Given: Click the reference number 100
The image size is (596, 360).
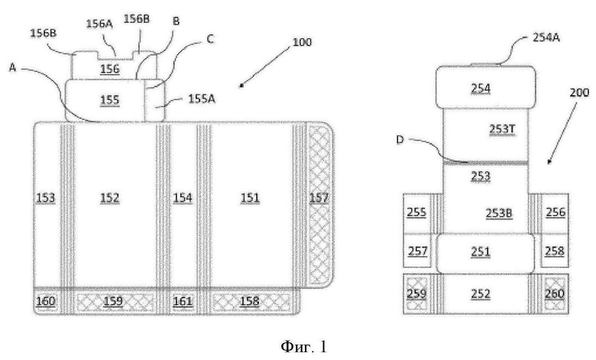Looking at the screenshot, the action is (x=302, y=42).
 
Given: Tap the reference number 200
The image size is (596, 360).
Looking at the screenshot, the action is (x=579, y=92).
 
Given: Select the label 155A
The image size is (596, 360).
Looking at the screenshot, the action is (x=202, y=99).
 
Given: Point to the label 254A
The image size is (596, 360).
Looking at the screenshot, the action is (x=546, y=37).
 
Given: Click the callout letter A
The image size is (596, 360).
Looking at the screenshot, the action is (x=13, y=68).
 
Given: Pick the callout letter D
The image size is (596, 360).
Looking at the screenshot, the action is (x=400, y=140).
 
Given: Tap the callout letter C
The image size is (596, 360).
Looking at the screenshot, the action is (x=210, y=39).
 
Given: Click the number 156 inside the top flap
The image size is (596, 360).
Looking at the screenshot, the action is (x=110, y=69).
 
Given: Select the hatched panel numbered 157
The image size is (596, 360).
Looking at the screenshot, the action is (x=319, y=205).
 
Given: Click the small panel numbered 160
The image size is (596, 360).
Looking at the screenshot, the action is (x=46, y=301).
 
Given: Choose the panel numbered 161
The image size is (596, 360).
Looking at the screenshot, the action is (x=183, y=301).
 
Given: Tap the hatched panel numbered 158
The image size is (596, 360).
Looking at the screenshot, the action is (x=250, y=301).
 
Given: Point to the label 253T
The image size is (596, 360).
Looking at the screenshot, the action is (x=502, y=129).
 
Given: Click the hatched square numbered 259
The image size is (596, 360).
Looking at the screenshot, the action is (x=417, y=294).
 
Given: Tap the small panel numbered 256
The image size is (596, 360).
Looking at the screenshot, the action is (x=556, y=213).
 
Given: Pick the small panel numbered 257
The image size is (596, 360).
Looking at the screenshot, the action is (x=417, y=251).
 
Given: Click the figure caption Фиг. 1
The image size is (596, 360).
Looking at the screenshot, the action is (x=303, y=346).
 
